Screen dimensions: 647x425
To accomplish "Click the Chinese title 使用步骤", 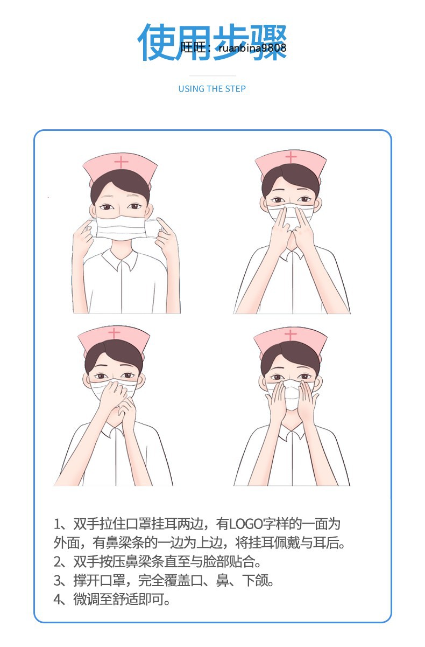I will click(x=212, y=42).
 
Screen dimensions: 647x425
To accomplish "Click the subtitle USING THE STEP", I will click(x=212, y=89).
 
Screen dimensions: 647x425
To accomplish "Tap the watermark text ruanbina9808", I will click(x=252, y=48).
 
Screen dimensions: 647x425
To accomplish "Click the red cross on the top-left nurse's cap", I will click(x=122, y=162).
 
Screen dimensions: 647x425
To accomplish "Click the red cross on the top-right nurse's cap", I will click(x=291, y=157).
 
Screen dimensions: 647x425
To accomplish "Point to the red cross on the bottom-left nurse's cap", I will click(x=114, y=333).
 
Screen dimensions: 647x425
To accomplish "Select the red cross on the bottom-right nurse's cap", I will click(x=291, y=335).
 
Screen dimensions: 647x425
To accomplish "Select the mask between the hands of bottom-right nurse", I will click(x=291, y=394).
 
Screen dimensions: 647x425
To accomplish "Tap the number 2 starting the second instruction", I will click(x=59, y=562).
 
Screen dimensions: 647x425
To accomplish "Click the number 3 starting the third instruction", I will click(x=59, y=581).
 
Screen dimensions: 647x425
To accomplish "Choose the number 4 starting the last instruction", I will click(x=59, y=600).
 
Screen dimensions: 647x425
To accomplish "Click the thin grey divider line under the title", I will click(x=212, y=75).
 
